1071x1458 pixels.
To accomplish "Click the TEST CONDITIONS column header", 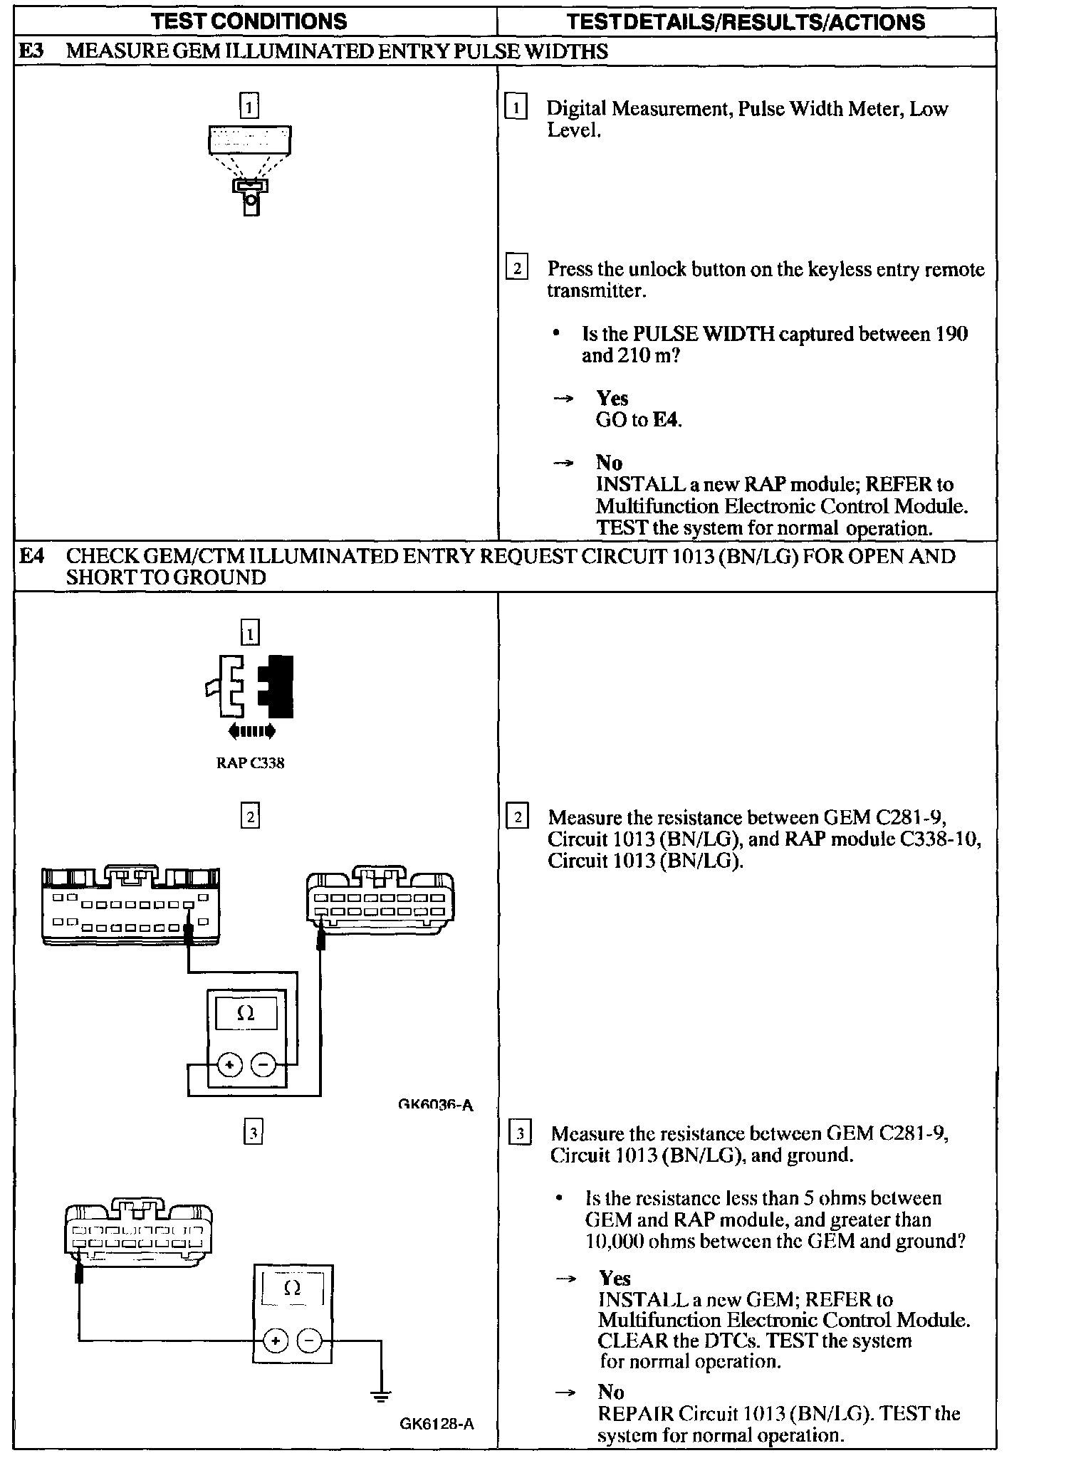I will pyautogui.click(x=249, y=21).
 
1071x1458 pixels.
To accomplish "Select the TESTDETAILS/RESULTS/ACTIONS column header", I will pyautogui.click(x=746, y=22).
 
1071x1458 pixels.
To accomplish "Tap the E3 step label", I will pyautogui.click(x=31, y=51).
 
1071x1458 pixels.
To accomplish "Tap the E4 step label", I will pyautogui.click(x=31, y=556).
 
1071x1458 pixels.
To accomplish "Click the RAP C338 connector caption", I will pyautogui.click(x=250, y=763).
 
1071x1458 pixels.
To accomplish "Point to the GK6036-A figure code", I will pyautogui.click(x=435, y=1105).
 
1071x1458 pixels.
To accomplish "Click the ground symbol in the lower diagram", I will pyautogui.click(x=381, y=1396).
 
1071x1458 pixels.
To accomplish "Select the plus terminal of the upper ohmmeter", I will pyautogui.click(x=229, y=1066).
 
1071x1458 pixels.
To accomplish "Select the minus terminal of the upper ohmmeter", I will pyautogui.click(x=263, y=1066).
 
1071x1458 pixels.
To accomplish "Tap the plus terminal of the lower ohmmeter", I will pyautogui.click(x=275, y=1341).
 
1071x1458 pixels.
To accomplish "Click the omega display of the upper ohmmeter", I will pyautogui.click(x=246, y=1013).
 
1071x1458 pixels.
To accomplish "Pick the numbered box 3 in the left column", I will pyautogui.click(x=254, y=1132).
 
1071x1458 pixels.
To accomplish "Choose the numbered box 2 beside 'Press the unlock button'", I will pyautogui.click(x=516, y=268).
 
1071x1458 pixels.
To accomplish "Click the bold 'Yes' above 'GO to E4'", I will pyautogui.click(x=612, y=398).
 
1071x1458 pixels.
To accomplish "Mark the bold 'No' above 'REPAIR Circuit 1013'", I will pyautogui.click(x=611, y=1392).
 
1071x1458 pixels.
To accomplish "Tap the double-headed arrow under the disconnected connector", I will pyautogui.click(x=251, y=731).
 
